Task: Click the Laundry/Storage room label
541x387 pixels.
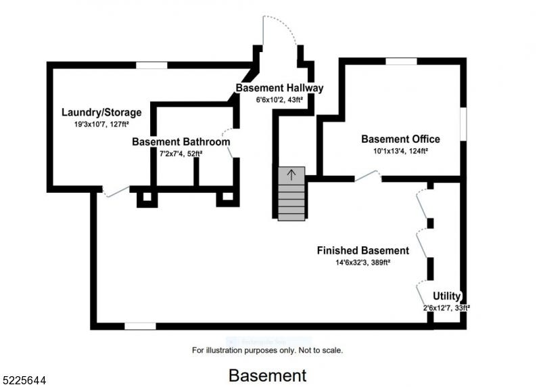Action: (x=101, y=112)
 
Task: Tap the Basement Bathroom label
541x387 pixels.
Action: (x=181, y=142)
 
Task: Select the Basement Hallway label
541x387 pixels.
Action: (x=279, y=88)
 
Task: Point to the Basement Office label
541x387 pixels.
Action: (x=400, y=139)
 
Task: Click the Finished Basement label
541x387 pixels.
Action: (x=363, y=250)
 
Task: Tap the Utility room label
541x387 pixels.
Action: (x=447, y=296)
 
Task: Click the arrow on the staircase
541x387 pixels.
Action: (x=291, y=175)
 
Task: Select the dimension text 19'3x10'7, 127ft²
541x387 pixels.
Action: (x=101, y=124)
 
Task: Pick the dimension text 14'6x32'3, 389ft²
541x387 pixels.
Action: (x=363, y=263)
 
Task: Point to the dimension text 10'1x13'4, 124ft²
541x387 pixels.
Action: (x=400, y=151)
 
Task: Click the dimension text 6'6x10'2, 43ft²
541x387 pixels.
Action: (x=279, y=99)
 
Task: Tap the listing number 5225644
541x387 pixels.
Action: (x=24, y=380)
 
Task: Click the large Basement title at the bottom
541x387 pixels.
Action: (x=267, y=375)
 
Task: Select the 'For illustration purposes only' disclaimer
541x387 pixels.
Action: (x=267, y=350)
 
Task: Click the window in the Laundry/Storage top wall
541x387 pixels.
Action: (x=151, y=65)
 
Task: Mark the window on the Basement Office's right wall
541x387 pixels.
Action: (x=463, y=124)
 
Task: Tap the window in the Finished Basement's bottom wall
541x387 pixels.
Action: (x=140, y=326)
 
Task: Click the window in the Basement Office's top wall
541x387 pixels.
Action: (x=401, y=62)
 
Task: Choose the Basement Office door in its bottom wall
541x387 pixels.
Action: (x=368, y=176)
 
